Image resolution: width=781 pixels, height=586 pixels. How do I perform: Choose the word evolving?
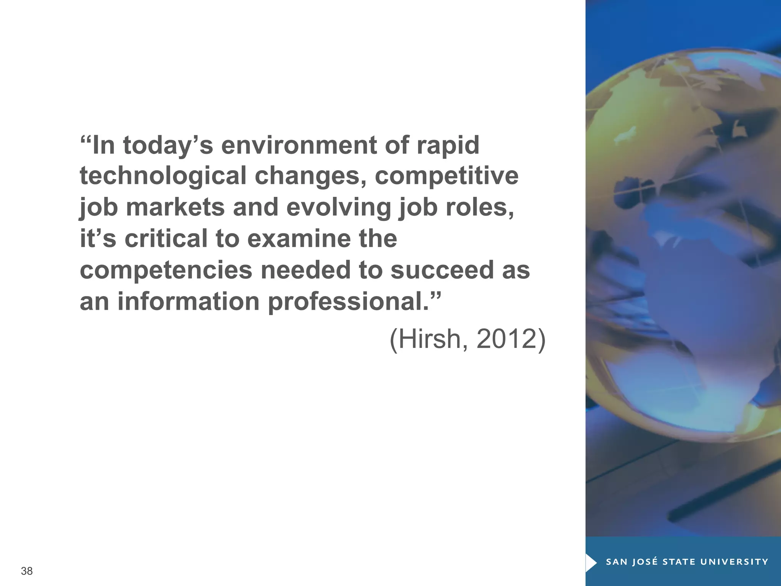339,208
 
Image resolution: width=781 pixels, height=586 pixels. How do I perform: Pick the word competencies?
166,270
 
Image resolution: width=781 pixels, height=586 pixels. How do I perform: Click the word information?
189,301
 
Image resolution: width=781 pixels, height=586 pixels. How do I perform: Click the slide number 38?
27,571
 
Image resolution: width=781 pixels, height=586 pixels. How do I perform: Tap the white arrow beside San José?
591,562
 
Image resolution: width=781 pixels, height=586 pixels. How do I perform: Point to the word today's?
168,146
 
